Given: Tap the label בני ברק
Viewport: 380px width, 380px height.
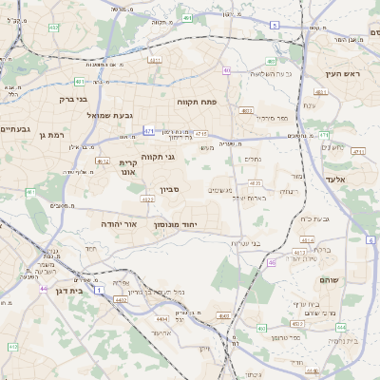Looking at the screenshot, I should pos(67,98).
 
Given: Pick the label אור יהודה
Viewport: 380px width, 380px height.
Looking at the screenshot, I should pos(119,224).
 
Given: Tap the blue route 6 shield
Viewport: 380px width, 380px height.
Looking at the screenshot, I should pos(370,238).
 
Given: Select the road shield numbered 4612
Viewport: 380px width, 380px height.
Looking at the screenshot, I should pos(103,161).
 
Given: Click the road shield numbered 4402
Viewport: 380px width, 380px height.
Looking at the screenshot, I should pos(120,300).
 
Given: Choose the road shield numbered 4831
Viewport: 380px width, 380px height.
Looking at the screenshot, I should pos(154,59).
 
